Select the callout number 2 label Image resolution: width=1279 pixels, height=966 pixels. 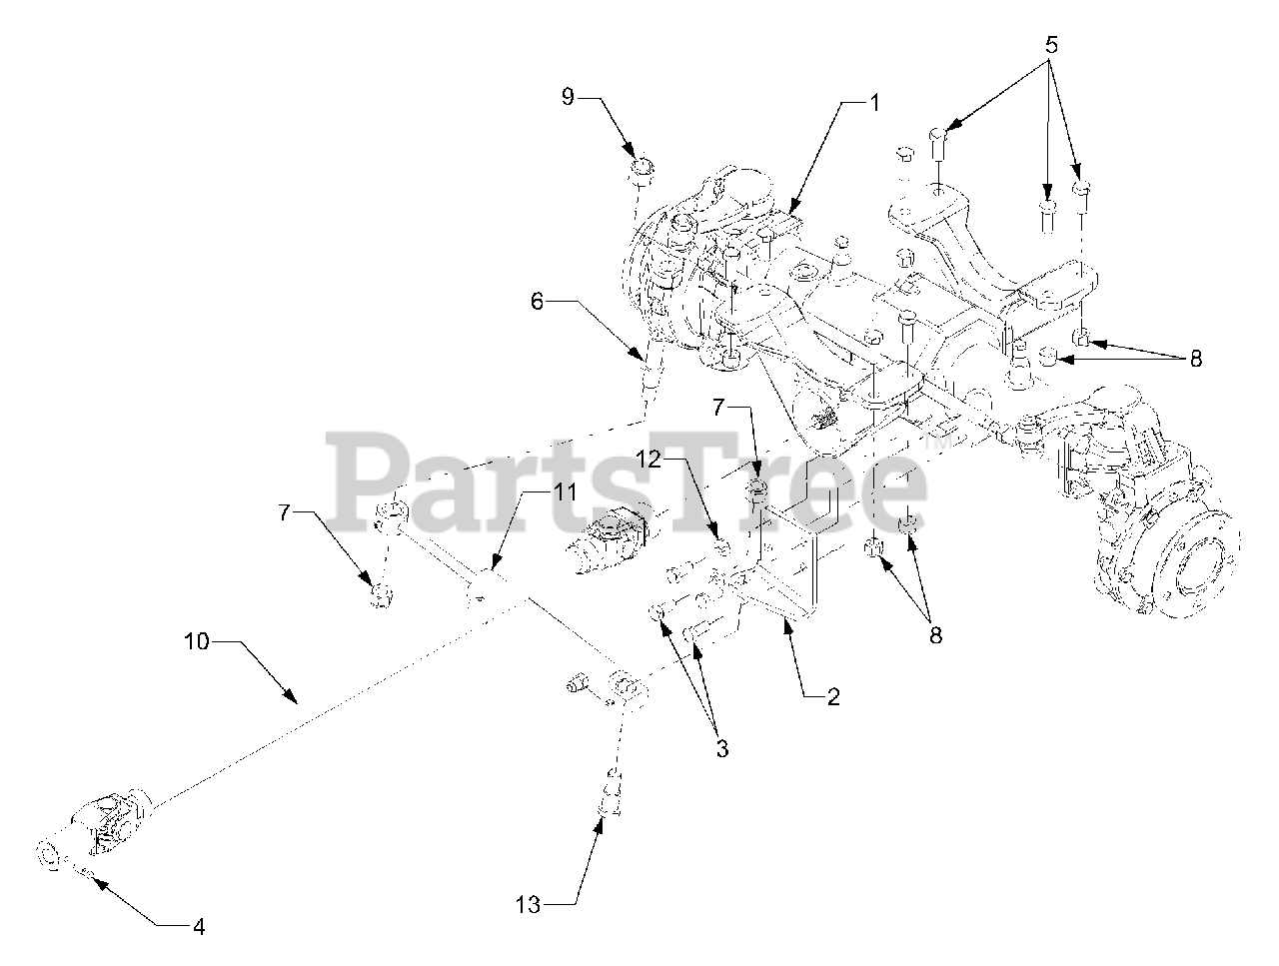[x=832, y=697]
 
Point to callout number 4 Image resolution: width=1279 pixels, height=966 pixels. [x=198, y=926]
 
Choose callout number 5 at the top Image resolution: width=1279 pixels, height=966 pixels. [x=1051, y=45]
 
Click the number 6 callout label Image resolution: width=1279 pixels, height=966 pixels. [x=538, y=301]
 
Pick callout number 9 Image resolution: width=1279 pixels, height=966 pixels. [x=567, y=98]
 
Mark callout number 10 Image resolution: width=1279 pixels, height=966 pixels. [x=197, y=640]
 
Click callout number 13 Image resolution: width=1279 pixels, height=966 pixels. [x=529, y=905]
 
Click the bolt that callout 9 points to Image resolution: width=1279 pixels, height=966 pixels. [x=641, y=169]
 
